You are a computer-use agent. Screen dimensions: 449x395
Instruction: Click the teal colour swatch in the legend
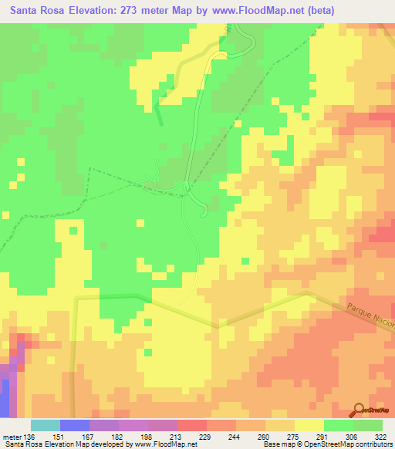(46, 425)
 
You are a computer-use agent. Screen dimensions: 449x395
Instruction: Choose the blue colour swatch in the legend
(75, 425)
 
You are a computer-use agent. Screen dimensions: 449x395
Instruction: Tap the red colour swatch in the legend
(192, 425)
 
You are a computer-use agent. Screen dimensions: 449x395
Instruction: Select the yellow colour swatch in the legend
(309, 425)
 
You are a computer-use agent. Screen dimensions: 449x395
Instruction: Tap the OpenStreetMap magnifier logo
(360, 410)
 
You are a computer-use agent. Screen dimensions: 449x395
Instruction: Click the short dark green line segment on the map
(160, 113)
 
